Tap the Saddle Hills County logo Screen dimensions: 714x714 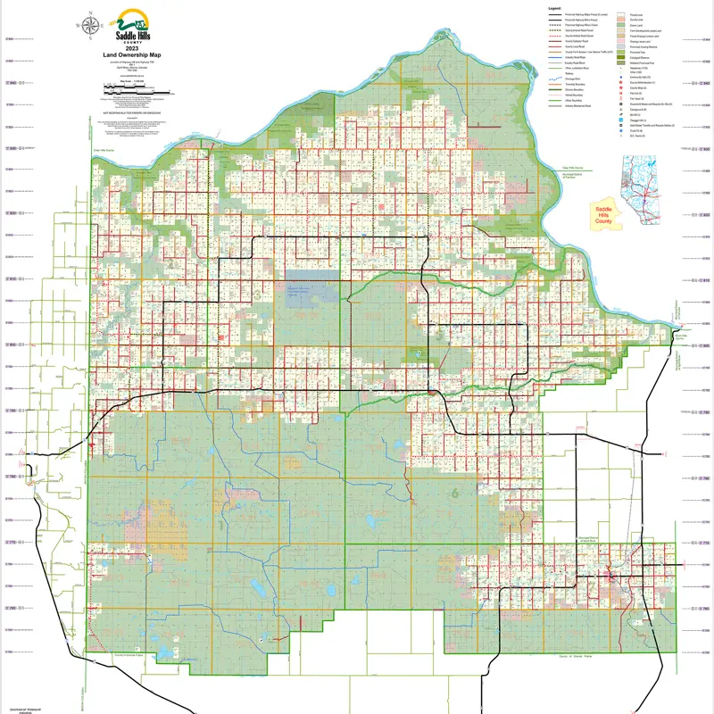coord(132,26)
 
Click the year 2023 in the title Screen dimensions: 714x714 coord(132,46)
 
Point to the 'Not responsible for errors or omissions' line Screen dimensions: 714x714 coord(132,114)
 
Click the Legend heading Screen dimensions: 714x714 coord(554,7)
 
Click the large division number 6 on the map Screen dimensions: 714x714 coord(455,492)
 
